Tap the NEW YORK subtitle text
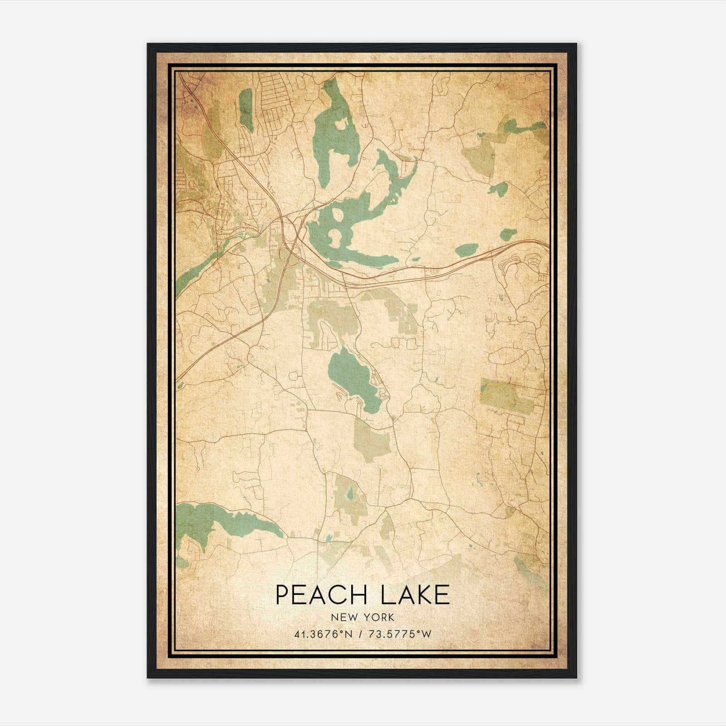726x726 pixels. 363,618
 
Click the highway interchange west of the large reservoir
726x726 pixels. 290,227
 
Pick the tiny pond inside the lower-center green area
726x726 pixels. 350,493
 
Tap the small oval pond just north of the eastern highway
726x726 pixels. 466,250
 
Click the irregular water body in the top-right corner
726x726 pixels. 522,127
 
